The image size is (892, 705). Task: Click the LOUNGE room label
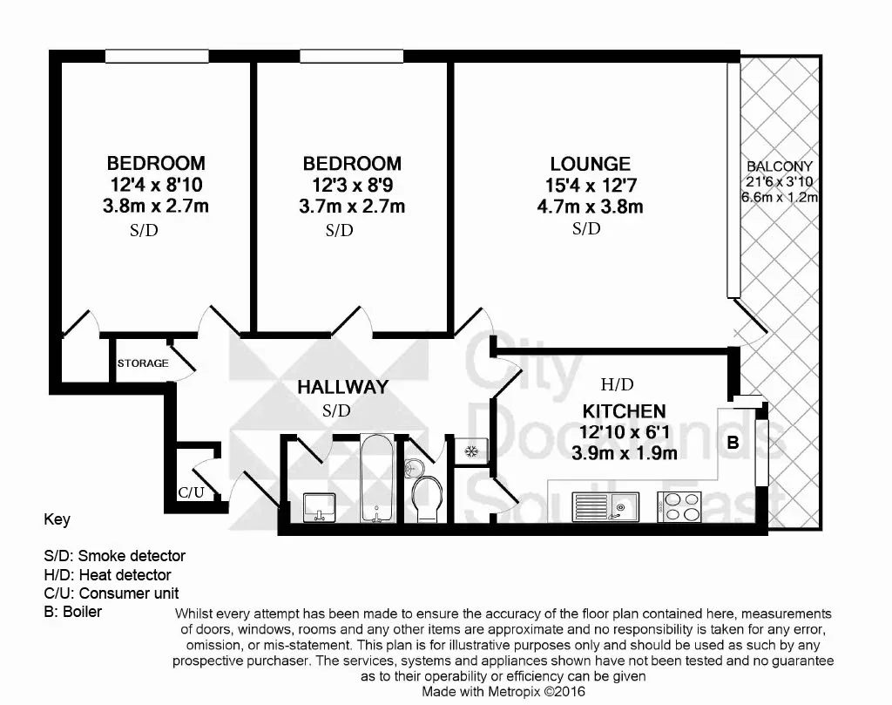pyautogui.click(x=590, y=164)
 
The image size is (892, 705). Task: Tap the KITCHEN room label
pyautogui.click(x=624, y=410)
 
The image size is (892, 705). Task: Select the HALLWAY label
pyautogui.click(x=343, y=387)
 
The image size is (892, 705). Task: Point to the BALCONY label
pyautogui.click(x=780, y=166)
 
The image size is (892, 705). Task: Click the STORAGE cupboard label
pyautogui.click(x=143, y=363)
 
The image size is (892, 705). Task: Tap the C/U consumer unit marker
pyautogui.click(x=191, y=492)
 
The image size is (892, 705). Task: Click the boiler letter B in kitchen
pyautogui.click(x=733, y=442)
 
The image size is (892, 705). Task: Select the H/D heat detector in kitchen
pyautogui.click(x=618, y=384)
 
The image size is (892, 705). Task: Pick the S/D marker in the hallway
pyautogui.click(x=336, y=410)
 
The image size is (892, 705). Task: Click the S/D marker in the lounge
pyautogui.click(x=586, y=228)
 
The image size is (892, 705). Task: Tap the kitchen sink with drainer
pyautogui.click(x=605, y=506)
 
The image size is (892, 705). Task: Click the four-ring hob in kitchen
pyautogui.click(x=679, y=506)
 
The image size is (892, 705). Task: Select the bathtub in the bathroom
pyautogui.click(x=376, y=478)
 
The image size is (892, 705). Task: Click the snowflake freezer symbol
pyautogui.click(x=471, y=451)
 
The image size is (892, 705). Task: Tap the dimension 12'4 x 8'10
pyautogui.click(x=156, y=185)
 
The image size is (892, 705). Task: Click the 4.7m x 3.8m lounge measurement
pyautogui.click(x=590, y=207)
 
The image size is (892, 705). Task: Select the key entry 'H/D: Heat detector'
pyautogui.click(x=107, y=574)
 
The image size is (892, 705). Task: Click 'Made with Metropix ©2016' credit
pyautogui.click(x=503, y=691)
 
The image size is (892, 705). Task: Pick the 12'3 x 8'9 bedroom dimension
pyautogui.click(x=352, y=185)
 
